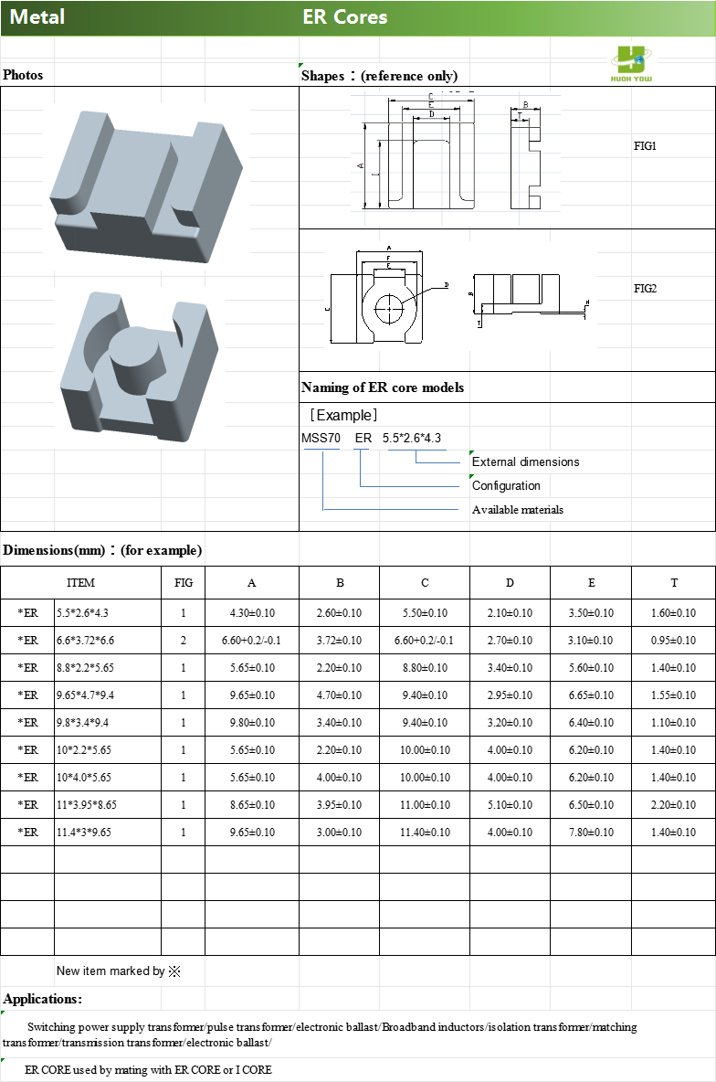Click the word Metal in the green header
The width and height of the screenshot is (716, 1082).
tap(37, 17)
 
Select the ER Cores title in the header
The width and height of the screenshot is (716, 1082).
tap(345, 17)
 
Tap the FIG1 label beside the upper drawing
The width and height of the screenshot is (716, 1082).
tap(646, 146)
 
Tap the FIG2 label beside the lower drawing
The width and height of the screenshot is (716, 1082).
tap(646, 289)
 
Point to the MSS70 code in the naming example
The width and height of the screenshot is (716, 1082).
tap(321, 439)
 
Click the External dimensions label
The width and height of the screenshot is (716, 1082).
tap(525, 462)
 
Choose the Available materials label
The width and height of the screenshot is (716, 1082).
tap(517, 510)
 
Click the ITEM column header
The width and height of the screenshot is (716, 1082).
tap(80, 583)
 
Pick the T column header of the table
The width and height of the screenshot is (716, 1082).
tap(674, 583)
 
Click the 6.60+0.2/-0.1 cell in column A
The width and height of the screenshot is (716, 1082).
tap(251, 641)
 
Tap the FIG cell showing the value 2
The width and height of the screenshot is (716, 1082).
tap(183, 641)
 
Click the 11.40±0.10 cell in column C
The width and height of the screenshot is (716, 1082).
tap(424, 833)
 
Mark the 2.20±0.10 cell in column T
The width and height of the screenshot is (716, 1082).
tap(674, 805)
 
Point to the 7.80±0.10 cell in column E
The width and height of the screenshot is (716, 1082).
tap(591, 833)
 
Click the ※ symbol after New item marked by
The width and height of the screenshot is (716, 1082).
tap(174, 971)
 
